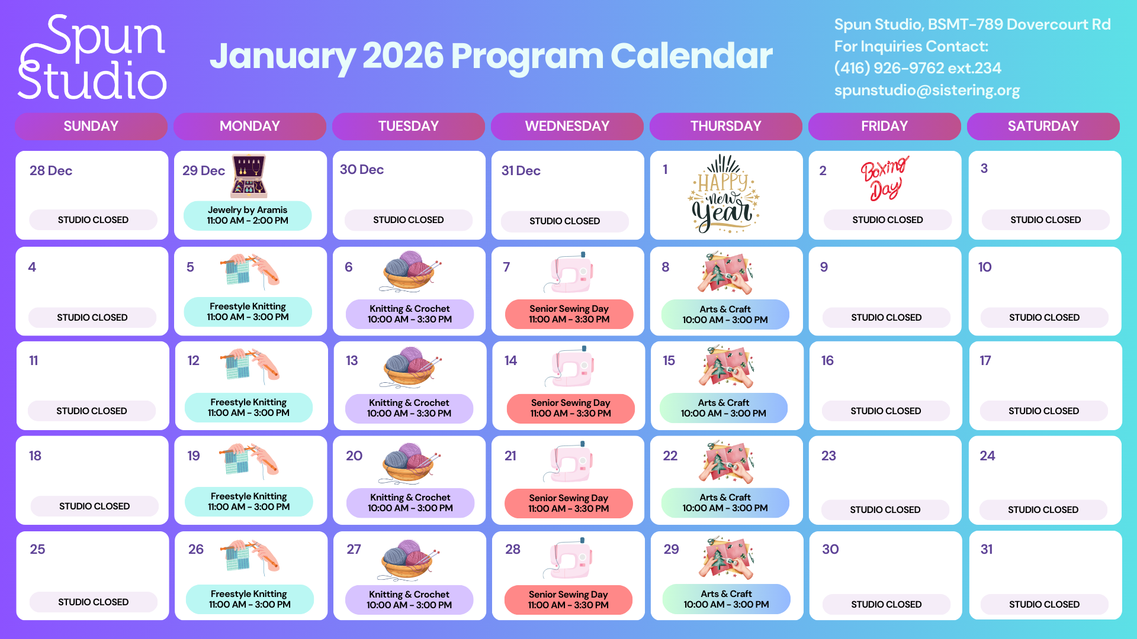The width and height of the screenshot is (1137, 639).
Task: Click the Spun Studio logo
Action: (x=92, y=57)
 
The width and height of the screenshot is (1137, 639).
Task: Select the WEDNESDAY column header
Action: (x=567, y=126)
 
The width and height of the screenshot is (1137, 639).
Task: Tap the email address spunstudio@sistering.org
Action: (x=927, y=91)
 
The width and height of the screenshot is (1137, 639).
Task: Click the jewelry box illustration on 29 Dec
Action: (x=249, y=176)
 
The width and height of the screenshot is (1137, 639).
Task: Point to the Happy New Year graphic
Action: (x=724, y=194)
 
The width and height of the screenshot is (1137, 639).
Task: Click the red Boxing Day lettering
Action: (x=884, y=178)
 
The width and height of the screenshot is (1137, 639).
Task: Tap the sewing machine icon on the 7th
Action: (x=570, y=273)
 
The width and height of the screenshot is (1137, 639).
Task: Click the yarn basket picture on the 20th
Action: (x=409, y=463)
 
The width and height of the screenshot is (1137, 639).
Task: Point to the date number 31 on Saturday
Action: (x=987, y=549)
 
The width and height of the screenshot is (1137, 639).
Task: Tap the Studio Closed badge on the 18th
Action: (x=94, y=506)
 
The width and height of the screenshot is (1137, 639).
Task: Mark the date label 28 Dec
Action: (x=51, y=171)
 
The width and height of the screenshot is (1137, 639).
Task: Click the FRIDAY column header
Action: (x=884, y=126)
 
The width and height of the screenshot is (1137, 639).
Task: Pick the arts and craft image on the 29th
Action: (x=727, y=557)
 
